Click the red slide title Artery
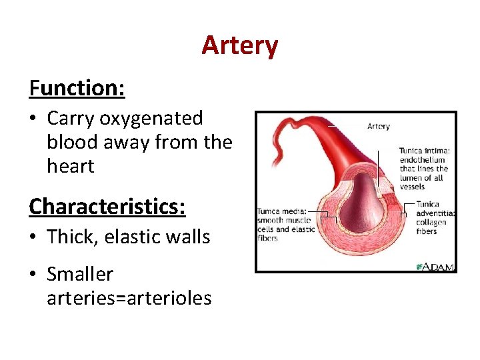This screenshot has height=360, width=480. pyautogui.click(x=239, y=46)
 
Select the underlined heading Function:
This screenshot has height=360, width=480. pyautogui.click(x=77, y=87)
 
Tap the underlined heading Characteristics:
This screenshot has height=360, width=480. pyautogui.click(x=107, y=206)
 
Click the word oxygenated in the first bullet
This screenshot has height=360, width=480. pyautogui.click(x=151, y=119)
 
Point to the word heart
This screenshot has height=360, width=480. pyautogui.click(x=71, y=167)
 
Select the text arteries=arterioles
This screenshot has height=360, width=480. pyautogui.click(x=129, y=298)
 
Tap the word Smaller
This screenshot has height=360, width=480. pyautogui.click(x=80, y=274)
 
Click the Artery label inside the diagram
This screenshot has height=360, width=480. pyautogui.click(x=379, y=126)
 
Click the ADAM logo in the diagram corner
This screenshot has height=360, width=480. pyautogui.click(x=435, y=266)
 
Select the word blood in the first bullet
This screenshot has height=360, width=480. pyautogui.click(x=71, y=143)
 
